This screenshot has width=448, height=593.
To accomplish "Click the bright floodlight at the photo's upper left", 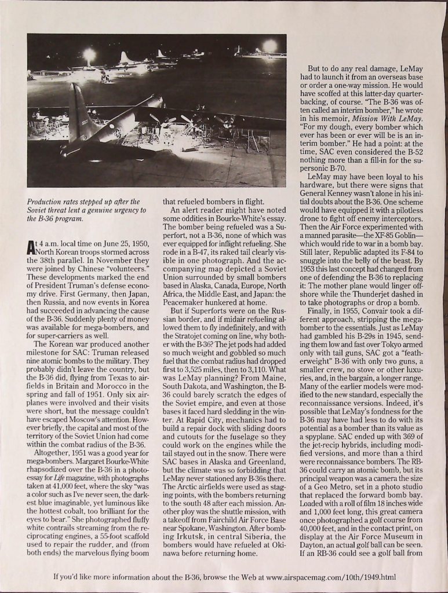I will click(x=89, y=55).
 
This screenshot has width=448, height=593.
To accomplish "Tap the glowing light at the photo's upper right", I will click(x=269, y=46).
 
